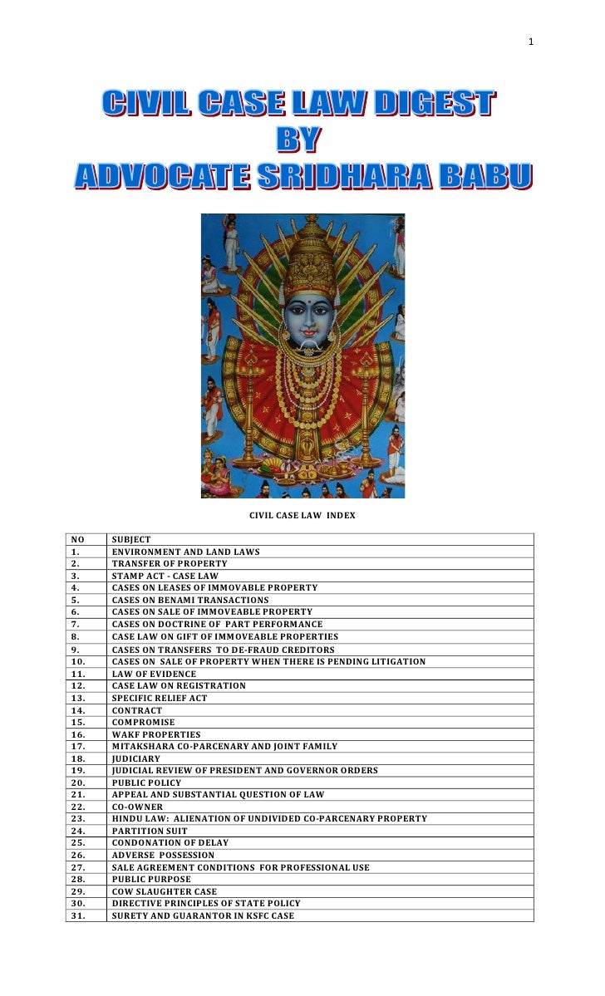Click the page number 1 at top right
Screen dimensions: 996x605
pyautogui.click(x=531, y=42)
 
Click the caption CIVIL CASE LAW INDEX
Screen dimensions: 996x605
pyautogui.click(x=302, y=515)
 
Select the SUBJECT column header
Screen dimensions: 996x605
pyautogui.click(x=131, y=539)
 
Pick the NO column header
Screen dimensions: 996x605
pyautogui.click(x=78, y=539)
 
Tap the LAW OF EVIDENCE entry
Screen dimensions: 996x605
pyautogui.click(x=154, y=673)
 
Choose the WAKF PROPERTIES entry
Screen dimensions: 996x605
pyautogui.click(x=156, y=734)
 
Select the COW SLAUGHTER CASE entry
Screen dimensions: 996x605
pyautogui.click(x=165, y=891)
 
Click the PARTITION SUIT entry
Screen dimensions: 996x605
pyautogui.click(x=150, y=831)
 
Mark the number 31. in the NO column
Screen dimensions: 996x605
pyautogui.click(x=80, y=915)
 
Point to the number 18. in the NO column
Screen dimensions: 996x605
pyautogui.click(x=80, y=758)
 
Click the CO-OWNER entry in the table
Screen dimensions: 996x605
pyautogui.click(x=137, y=807)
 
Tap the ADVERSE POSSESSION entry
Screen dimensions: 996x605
pyautogui.click(x=163, y=855)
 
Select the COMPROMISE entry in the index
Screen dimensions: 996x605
pyautogui.click(x=142, y=722)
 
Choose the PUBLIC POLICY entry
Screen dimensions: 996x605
pyautogui.click(x=146, y=783)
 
